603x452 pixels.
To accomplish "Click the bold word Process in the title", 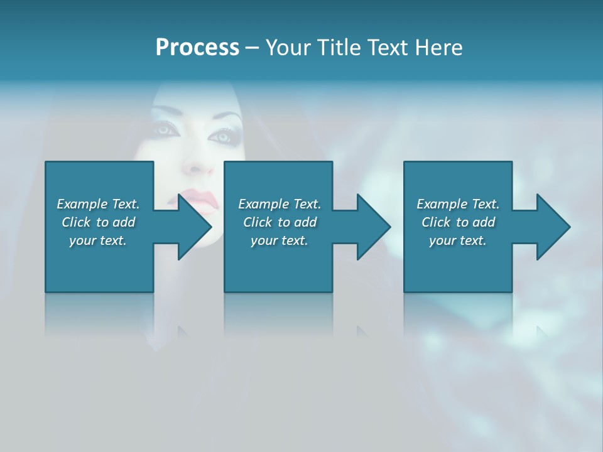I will pos(197,48).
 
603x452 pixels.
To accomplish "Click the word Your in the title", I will pos(289,48).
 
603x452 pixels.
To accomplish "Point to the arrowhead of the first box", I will pos(195,227).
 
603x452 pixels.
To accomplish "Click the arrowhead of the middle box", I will pos(374,227).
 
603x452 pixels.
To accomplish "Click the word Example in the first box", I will pos(82,204).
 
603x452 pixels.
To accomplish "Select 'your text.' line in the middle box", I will pos(279,240).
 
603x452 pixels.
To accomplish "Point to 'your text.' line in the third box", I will pos(457,240).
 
